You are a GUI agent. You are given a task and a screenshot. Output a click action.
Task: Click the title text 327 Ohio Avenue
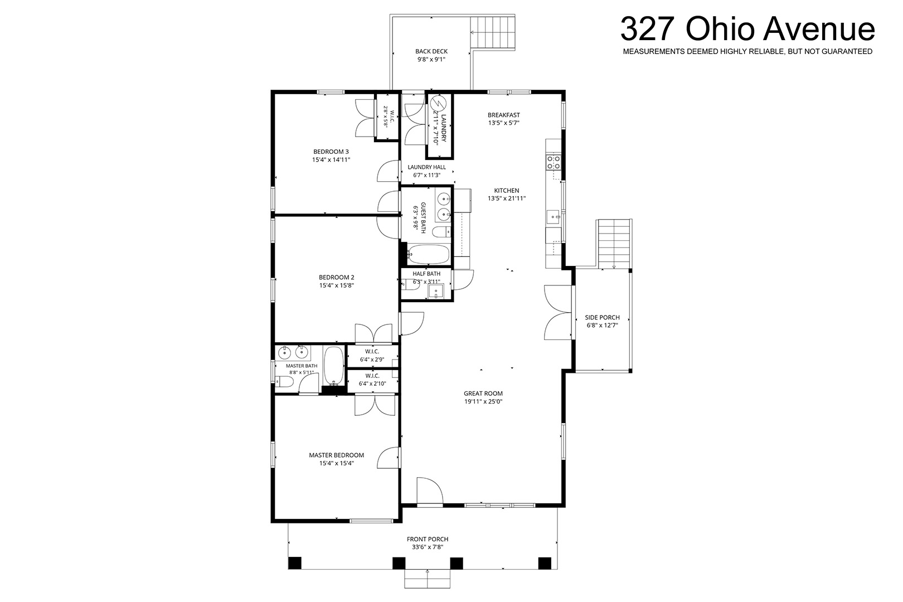(x=747, y=28)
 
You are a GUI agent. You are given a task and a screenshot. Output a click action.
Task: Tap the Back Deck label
(x=431, y=51)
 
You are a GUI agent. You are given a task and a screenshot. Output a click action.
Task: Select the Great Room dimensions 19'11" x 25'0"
(x=483, y=401)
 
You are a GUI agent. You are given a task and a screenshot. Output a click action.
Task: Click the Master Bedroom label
(x=336, y=455)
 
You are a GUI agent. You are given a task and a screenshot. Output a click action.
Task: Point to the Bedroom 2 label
(x=336, y=277)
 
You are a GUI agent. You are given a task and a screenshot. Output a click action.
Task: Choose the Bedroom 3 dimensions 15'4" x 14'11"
(x=331, y=159)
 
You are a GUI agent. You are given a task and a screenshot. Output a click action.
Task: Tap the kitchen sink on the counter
(x=553, y=217)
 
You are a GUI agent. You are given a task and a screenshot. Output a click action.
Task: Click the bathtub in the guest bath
(x=428, y=254)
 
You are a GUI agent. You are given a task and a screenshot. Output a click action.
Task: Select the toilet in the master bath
(x=283, y=382)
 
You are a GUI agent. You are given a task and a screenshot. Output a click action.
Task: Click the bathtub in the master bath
(x=334, y=365)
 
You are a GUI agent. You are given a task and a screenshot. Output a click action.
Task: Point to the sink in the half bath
(x=436, y=291)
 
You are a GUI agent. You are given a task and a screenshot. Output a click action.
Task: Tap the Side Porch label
(x=602, y=317)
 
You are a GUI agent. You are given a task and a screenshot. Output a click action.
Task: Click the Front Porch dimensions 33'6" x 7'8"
(x=428, y=547)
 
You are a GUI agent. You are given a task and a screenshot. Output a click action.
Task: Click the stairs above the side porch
(x=614, y=244)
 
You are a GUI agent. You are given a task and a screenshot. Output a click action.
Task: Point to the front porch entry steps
(x=428, y=579)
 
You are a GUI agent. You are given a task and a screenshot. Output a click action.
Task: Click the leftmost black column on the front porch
(x=295, y=563)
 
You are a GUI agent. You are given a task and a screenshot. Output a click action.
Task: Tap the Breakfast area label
(x=503, y=115)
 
